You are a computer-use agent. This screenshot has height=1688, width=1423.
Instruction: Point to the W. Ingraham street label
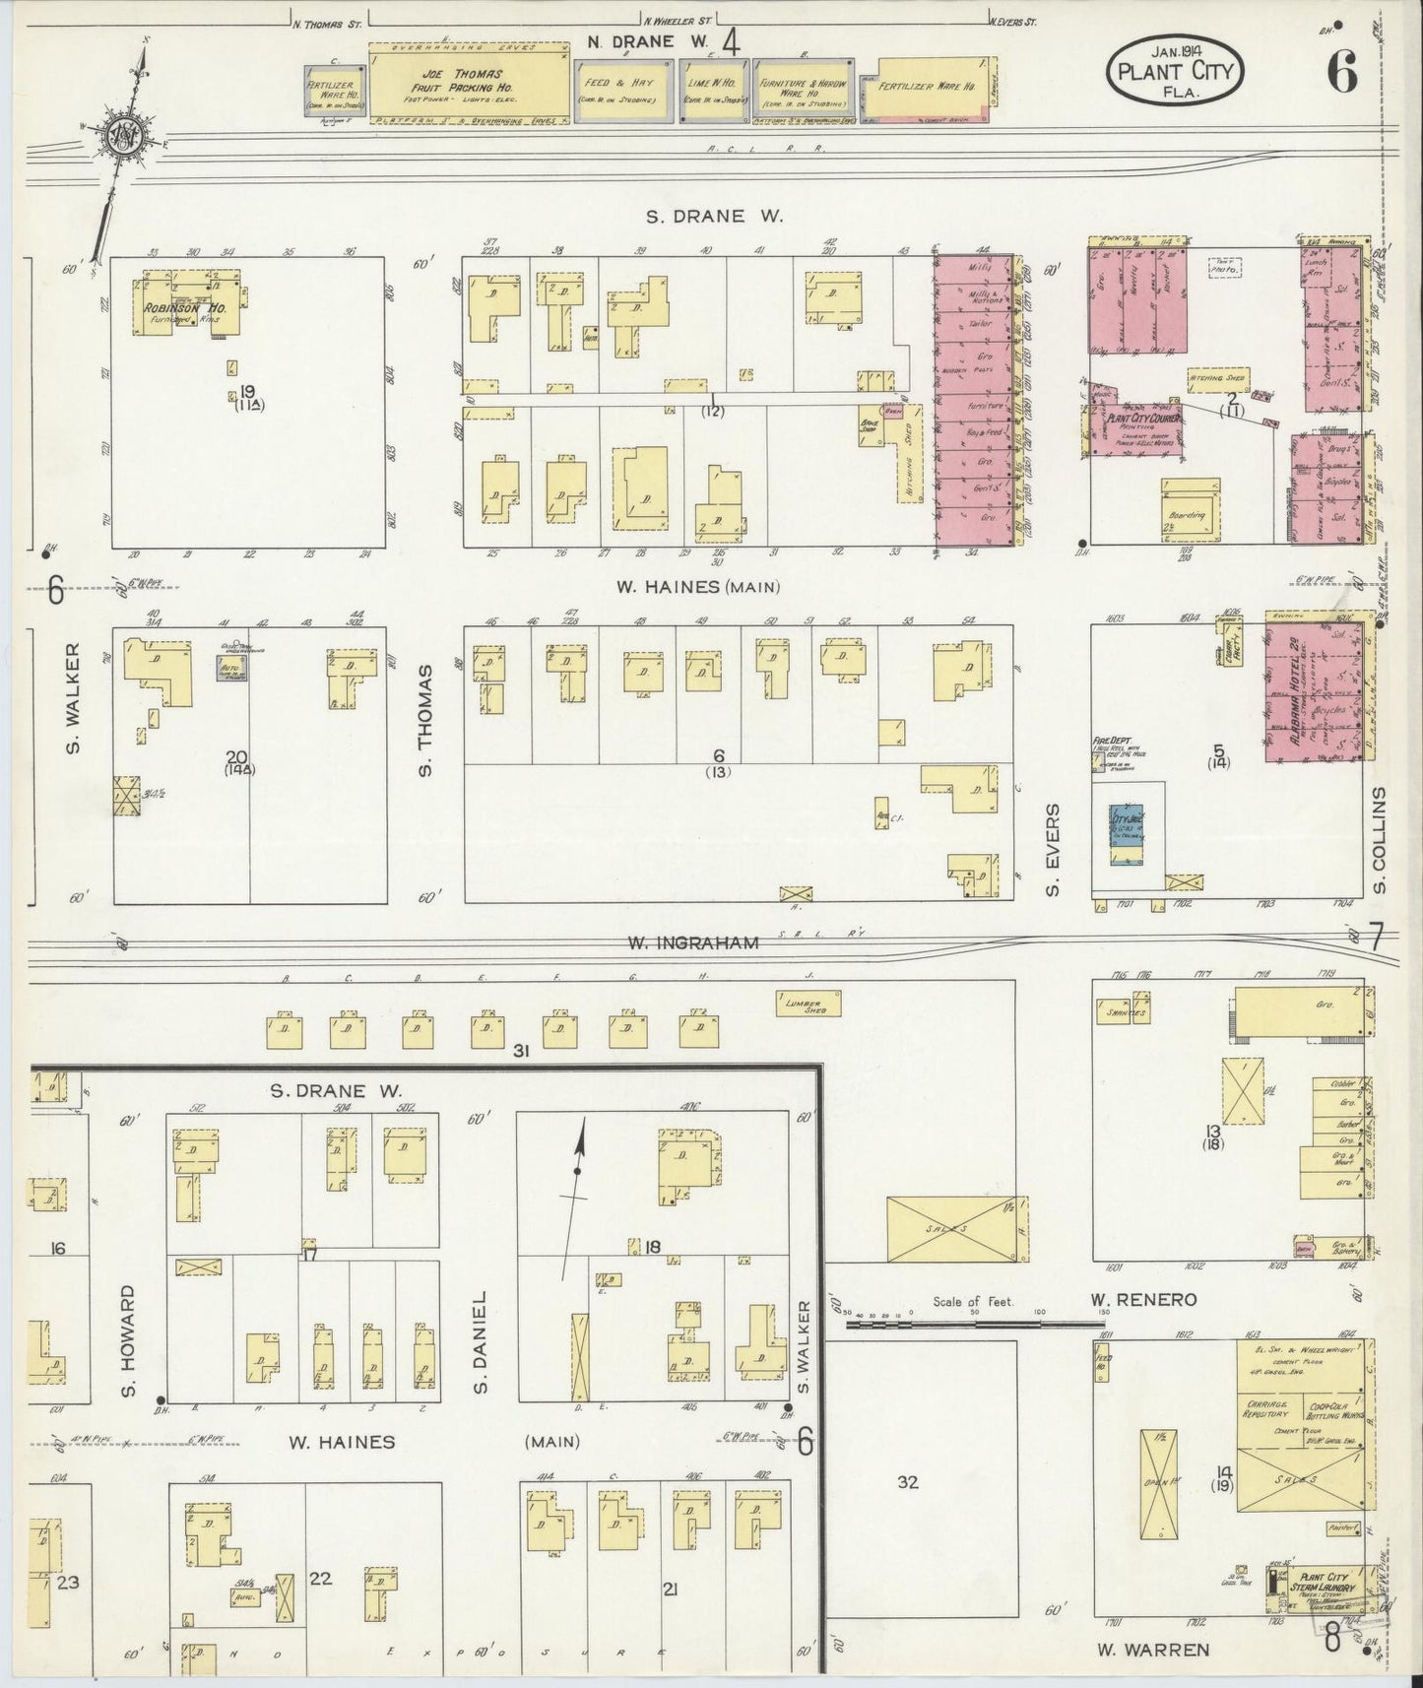tap(693, 942)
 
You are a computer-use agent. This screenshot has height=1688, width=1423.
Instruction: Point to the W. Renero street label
tap(1143, 1300)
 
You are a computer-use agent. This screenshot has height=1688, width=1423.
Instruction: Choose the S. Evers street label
tap(1052, 849)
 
